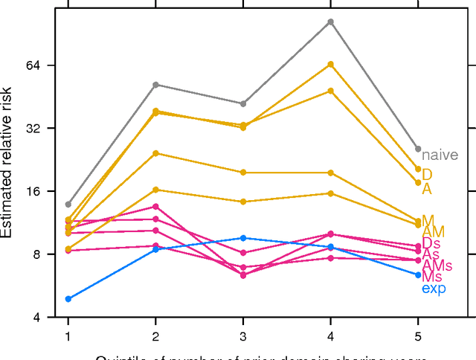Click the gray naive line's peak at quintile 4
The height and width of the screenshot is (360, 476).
tap(331, 22)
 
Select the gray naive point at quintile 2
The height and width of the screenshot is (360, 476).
tap(155, 85)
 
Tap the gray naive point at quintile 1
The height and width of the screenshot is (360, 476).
tap(68, 205)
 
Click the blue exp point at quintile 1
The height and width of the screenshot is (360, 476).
tap(68, 299)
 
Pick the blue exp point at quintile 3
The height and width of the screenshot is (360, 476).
tap(243, 238)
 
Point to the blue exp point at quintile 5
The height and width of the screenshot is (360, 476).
tap(418, 275)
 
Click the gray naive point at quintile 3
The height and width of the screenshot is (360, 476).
tap(243, 103)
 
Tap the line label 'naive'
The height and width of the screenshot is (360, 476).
tap(440, 155)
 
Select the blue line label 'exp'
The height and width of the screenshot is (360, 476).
tap(434, 289)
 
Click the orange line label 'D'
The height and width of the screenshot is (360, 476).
tap(427, 175)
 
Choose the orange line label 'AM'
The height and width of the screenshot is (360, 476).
tap(433, 233)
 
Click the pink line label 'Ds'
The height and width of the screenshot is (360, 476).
tap(431, 244)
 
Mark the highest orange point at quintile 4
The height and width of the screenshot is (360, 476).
tap(331, 65)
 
